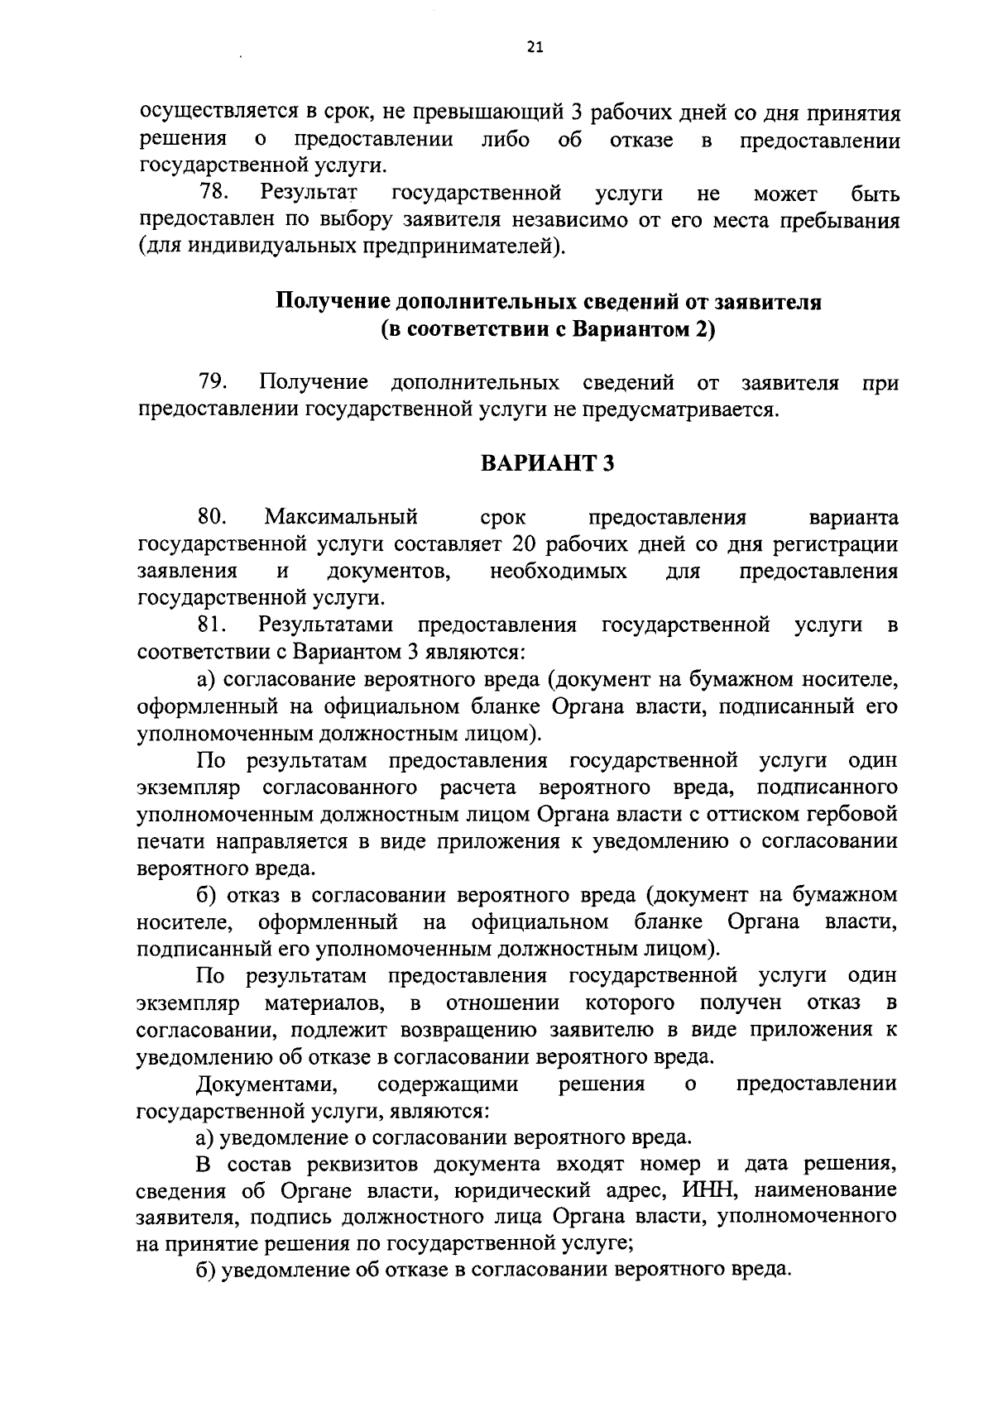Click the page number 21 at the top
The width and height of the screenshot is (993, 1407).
pos(535,49)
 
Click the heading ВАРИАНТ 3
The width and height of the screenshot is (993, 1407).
pos(547,463)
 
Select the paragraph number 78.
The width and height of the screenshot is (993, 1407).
pos(214,194)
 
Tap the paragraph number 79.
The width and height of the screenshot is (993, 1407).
pos(213,383)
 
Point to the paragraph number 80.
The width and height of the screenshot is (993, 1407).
pos(213,518)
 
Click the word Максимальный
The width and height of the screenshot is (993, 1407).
pos(341,518)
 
